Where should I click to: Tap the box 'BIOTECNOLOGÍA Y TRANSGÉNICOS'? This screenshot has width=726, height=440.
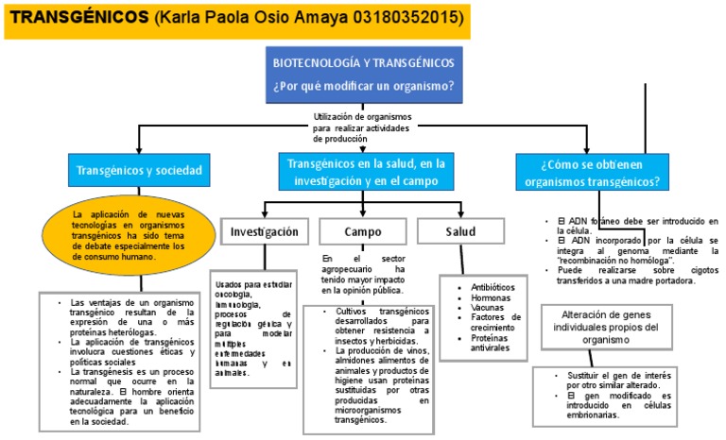click(x=362, y=75)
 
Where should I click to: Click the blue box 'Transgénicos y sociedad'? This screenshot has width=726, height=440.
click(x=139, y=172)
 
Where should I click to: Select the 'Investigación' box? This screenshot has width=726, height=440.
click(x=265, y=231)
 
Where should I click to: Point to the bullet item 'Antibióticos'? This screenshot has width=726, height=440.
click(x=492, y=287)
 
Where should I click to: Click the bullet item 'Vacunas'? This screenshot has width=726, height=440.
click(x=488, y=308)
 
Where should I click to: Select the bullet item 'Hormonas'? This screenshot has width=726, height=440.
click(x=491, y=297)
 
